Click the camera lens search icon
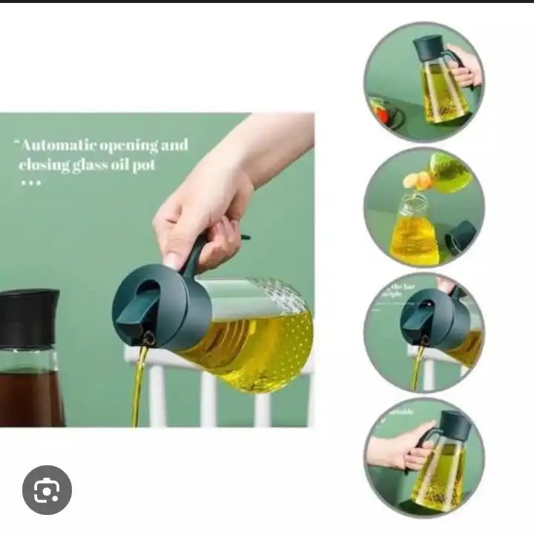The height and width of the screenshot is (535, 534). pyautogui.click(x=47, y=490)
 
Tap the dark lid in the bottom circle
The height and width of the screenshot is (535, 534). pyautogui.click(x=455, y=424)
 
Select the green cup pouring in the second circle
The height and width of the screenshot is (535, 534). pyautogui.click(x=449, y=171)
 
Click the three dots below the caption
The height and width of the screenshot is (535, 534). pyautogui.click(x=31, y=183)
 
